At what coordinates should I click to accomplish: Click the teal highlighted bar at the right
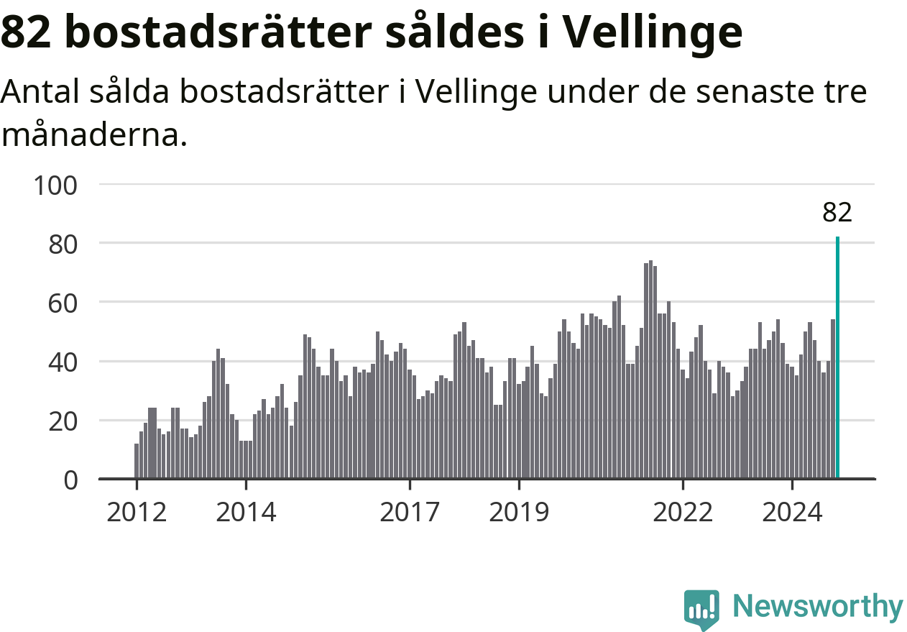click(x=837, y=357)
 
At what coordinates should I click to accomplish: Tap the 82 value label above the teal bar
click(x=837, y=212)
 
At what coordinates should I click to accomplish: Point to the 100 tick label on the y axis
click(x=55, y=186)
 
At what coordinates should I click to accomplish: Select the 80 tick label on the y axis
click(x=63, y=244)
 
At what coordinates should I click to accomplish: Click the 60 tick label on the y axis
click(x=63, y=304)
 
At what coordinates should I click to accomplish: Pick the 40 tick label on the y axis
click(x=63, y=363)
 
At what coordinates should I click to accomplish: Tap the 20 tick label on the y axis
click(x=63, y=422)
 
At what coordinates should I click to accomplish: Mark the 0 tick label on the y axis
click(x=70, y=481)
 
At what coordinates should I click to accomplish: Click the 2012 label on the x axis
click(x=137, y=513)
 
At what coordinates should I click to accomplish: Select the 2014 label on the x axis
click(x=246, y=513)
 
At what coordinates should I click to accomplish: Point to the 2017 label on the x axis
click(x=410, y=513)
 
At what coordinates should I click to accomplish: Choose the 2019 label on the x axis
click(x=519, y=513)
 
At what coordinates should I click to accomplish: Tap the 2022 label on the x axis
click(x=683, y=513)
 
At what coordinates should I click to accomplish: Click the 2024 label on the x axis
click(x=792, y=513)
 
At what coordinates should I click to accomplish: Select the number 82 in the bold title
click(x=27, y=32)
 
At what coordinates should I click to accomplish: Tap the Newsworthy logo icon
click(x=701, y=609)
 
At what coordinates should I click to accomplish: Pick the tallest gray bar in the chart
click(x=650, y=370)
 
